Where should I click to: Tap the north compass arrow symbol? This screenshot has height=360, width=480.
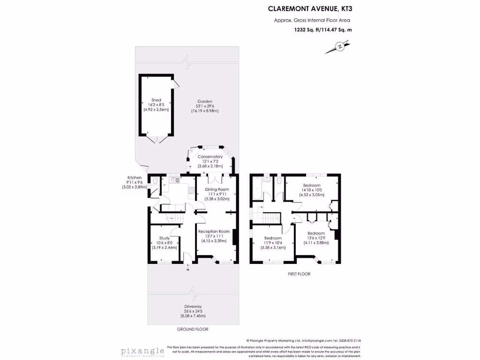coord(338,47)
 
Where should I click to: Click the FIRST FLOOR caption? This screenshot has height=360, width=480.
coord(299,274)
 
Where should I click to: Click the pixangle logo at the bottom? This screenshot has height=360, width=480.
coord(142,351)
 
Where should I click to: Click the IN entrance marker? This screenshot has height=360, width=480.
coord(188,270)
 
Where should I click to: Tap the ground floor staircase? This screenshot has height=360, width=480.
coord(176,217)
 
